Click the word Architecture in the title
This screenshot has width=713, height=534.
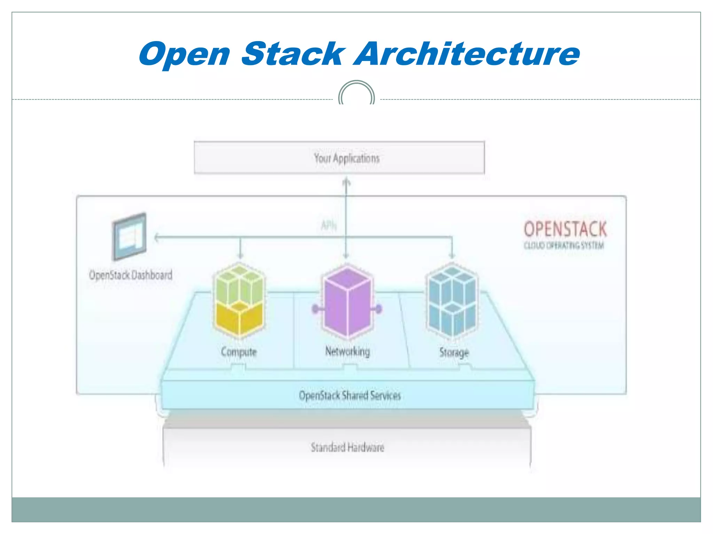coord(467,54)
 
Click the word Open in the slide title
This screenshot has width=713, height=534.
coord(185,55)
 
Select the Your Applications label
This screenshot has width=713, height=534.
coord(347,158)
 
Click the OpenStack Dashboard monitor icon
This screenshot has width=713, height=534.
coord(130,236)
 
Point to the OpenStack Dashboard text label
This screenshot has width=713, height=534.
coord(131,275)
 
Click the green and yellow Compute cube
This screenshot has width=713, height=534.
coord(239,301)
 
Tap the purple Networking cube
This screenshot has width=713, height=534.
coord(347,301)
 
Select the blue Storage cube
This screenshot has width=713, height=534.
coord(452,301)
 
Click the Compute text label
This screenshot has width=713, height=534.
coord(239,352)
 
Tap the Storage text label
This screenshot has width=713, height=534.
coord(454,353)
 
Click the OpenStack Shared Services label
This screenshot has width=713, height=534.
coord(350,395)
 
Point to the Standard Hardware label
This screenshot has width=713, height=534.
coord(347,447)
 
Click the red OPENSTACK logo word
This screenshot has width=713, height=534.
coord(565,229)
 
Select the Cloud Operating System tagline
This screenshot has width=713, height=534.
coord(564,245)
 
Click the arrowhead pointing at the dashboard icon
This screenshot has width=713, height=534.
coord(157,238)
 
